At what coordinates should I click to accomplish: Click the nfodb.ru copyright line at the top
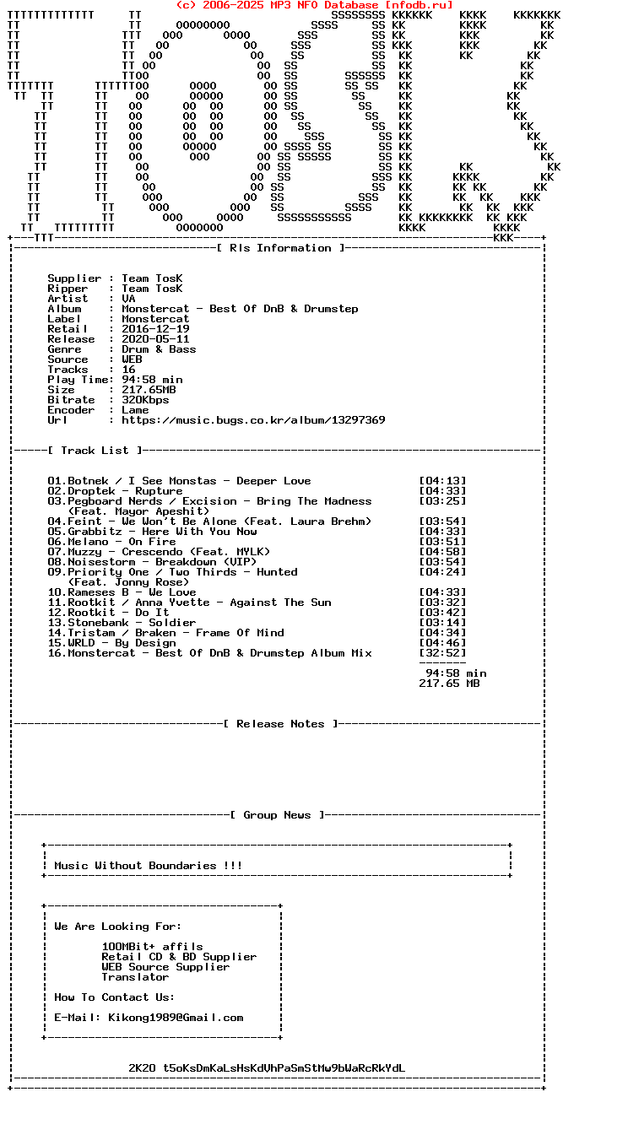[x=314, y=5]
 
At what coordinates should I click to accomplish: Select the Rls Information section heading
[x=280, y=248]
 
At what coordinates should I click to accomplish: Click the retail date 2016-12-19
[x=155, y=329]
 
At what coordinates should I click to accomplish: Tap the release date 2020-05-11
[x=155, y=339]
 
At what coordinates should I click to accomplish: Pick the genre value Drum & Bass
[x=159, y=349]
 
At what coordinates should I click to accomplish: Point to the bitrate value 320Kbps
[x=145, y=400]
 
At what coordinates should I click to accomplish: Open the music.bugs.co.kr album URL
[x=253, y=420]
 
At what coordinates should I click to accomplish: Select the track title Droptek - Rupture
[x=125, y=491]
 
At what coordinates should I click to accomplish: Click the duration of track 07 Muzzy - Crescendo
[x=442, y=552]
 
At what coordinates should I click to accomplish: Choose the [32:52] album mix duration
[x=442, y=653]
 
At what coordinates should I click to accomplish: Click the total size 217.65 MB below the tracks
[x=449, y=684]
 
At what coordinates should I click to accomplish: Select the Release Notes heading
[x=280, y=724]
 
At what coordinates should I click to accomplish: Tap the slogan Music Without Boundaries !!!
[x=149, y=866]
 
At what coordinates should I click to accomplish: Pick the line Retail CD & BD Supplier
[x=179, y=957]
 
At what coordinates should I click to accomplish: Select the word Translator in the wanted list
[x=135, y=977]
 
